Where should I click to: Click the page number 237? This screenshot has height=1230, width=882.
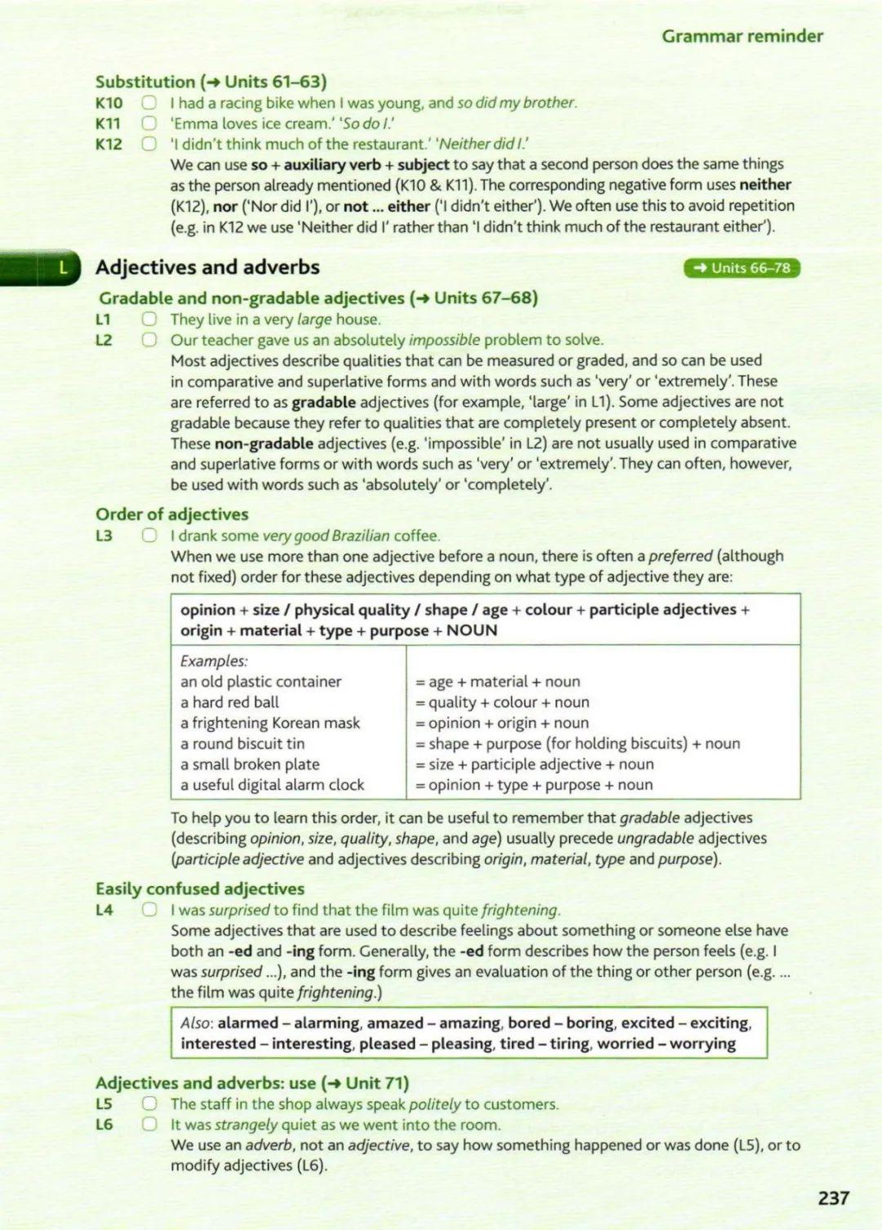click(x=833, y=1197)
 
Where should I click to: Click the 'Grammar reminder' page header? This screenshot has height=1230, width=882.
click(x=742, y=36)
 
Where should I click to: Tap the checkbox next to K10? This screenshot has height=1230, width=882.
click(x=149, y=103)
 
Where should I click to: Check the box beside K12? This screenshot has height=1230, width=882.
click(x=149, y=144)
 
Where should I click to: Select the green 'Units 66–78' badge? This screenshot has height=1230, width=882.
click(x=742, y=268)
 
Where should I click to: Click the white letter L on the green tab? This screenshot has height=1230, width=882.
click(x=63, y=267)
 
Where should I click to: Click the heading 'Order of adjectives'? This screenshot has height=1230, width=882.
click(x=171, y=514)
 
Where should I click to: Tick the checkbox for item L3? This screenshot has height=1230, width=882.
click(x=149, y=535)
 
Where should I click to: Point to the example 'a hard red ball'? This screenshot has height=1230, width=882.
click(x=229, y=702)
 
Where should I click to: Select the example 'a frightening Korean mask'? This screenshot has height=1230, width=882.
click(x=269, y=723)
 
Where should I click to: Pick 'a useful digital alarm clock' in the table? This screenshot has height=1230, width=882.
click(x=272, y=785)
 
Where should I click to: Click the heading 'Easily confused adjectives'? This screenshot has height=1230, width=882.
click(x=199, y=889)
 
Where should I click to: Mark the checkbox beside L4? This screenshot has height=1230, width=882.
click(x=149, y=910)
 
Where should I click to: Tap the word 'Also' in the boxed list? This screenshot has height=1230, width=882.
click(x=195, y=1023)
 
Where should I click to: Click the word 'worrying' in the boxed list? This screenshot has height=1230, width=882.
click(x=702, y=1043)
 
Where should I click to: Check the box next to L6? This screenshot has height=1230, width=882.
click(x=149, y=1124)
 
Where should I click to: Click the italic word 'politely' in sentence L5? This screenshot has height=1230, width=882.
click(x=434, y=1103)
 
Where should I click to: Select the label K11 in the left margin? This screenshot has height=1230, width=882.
click(x=108, y=123)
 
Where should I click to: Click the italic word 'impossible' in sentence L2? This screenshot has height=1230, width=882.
click(x=444, y=340)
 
